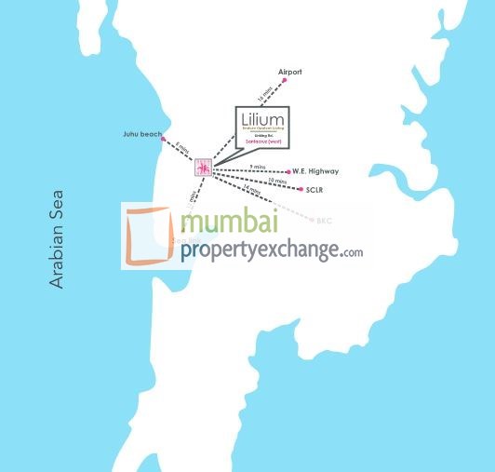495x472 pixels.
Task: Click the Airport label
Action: coord(290,72)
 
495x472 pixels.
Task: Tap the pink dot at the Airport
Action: coord(285,80)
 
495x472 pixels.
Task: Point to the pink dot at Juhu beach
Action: coord(164,136)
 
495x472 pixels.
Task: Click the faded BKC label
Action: coord(324,222)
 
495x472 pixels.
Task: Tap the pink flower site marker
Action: coord(203,168)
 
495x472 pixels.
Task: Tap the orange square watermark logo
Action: coord(148,236)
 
